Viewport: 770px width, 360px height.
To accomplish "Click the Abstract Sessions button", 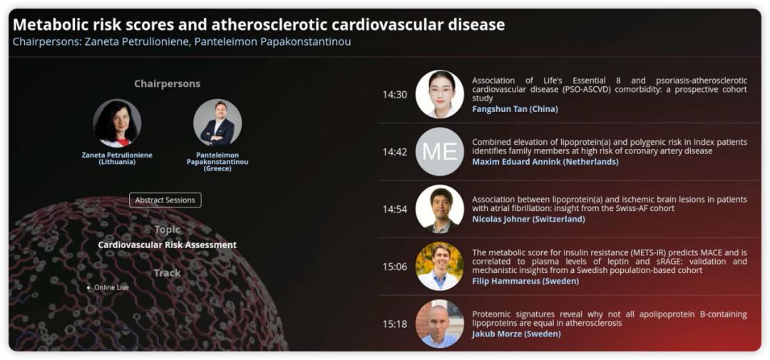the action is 165,200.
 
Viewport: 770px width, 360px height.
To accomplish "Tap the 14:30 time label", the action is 395,95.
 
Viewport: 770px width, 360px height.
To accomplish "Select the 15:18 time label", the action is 395,324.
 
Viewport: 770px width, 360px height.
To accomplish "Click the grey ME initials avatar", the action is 439,152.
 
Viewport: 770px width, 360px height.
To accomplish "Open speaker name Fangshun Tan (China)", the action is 515,109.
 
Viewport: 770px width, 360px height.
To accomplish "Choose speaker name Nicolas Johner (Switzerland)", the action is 528,219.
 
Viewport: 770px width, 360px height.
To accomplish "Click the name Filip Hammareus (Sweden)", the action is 525,282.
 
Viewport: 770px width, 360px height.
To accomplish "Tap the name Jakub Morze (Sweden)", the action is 516,334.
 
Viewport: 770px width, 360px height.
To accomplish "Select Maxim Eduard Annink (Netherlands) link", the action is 545,162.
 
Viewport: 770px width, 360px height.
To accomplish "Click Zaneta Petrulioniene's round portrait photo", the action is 117,123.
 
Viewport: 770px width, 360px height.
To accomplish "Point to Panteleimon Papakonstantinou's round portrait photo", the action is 217,123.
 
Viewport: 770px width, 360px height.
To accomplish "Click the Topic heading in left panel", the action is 168,230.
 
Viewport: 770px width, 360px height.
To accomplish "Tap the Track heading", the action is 168,272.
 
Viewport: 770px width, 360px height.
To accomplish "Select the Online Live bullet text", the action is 111,287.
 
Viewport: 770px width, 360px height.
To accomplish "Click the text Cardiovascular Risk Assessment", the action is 168,245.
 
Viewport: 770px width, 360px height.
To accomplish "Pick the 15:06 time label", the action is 395,267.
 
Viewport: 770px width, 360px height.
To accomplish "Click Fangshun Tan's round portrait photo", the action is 439,94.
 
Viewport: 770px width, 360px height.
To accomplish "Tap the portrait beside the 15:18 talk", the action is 439,324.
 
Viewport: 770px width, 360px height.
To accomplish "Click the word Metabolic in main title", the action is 46,24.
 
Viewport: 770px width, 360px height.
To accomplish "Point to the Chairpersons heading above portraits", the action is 168,83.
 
